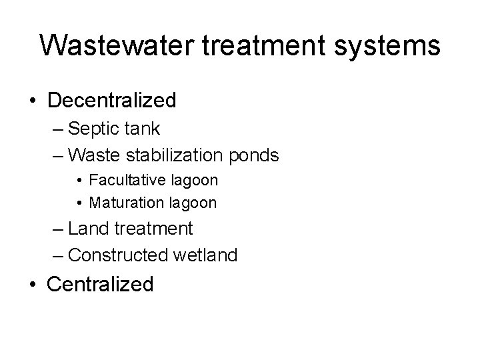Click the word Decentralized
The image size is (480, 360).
pyautogui.click(x=112, y=101)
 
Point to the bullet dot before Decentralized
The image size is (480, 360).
pyautogui.click(x=32, y=101)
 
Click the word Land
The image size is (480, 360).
pyautogui.click(x=89, y=229)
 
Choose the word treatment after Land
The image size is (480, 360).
pyautogui.click(x=154, y=229)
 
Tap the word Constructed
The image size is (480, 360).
pyautogui.click(x=117, y=255)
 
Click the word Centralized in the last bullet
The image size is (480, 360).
pyautogui.click(x=101, y=284)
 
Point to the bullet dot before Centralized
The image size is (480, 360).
pyautogui.click(x=32, y=285)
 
